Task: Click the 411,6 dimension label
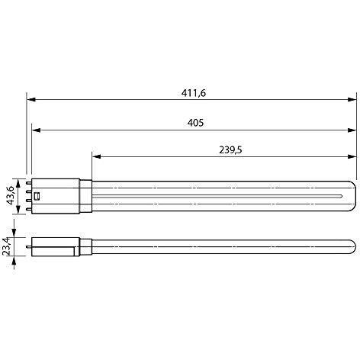[x=194, y=92]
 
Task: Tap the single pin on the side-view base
[x=30, y=246]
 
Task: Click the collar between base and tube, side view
[x=85, y=246]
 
